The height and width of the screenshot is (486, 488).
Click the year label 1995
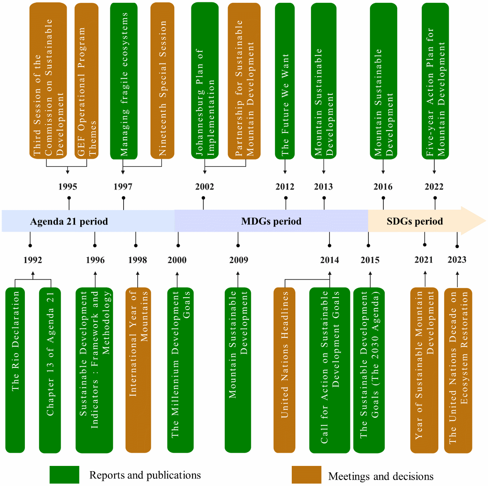tap(67, 186)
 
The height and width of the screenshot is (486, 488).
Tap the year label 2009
tap(239, 260)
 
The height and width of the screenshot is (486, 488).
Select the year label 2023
tap(457, 260)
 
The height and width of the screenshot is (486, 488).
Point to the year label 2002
tap(204, 186)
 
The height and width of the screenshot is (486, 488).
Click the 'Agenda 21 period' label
tap(69, 221)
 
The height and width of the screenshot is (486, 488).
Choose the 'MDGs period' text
tap(271, 221)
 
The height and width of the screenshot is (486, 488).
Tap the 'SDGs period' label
tap(415, 221)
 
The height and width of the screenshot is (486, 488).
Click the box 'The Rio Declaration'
tap(15, 370)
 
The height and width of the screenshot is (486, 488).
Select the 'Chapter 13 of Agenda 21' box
tap(50, 370)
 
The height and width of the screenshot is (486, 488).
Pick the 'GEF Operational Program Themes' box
tap(87, 80)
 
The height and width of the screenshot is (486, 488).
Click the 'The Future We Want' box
tap(285, 80)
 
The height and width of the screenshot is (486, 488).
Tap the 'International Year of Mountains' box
tap(138, 370)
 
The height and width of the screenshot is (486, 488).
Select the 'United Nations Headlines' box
tap(285, 370)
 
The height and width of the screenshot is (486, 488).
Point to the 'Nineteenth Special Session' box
tap(162, 80)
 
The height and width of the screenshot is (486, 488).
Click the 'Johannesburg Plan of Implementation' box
tap(205, 80)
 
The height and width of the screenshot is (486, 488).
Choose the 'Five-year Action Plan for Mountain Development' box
tap(435, 80)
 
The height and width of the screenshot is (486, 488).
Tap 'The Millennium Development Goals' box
tap(180, 370)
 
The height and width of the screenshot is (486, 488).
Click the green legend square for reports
tap(64, 474)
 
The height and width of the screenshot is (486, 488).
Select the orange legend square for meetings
tap(306, 474)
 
